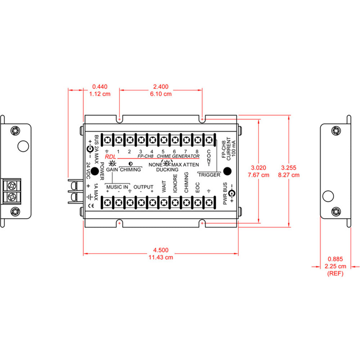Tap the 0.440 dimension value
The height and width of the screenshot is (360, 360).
pos(100,87)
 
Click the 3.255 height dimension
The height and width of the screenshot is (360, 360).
pos(290,168)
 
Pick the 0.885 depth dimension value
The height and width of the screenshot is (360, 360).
pos(336,259)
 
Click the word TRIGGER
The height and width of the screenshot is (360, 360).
pos(209,175)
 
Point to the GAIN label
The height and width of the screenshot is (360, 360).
pos(112,170)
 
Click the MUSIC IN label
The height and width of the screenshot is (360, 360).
pos(117,187)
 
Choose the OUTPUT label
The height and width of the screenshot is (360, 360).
pos(143,187)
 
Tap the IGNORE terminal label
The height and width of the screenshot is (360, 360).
pos(175,184)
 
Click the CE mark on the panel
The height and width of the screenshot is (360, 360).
pos(91,206)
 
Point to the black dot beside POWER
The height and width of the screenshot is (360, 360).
pos(94,171)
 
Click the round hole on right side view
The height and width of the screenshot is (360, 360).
pos(328,196)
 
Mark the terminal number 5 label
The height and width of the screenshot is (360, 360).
pos(163,151)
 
